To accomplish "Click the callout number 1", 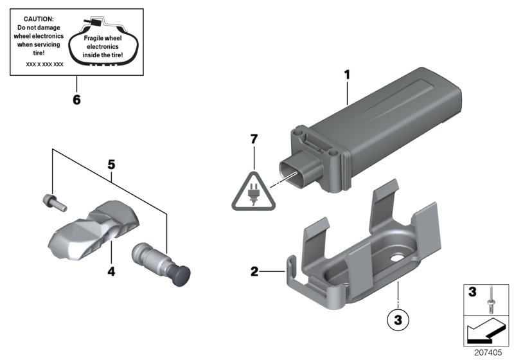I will point(347,75).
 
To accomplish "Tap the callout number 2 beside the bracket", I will point(254,272).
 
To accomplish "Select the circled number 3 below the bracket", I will point(398,317).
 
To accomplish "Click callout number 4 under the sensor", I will point(111,272).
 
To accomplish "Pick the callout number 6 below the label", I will point(76,100).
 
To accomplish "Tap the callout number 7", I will point(254,138).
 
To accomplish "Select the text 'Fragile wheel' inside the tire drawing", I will point(103,38).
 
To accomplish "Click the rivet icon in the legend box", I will point(490,296).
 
